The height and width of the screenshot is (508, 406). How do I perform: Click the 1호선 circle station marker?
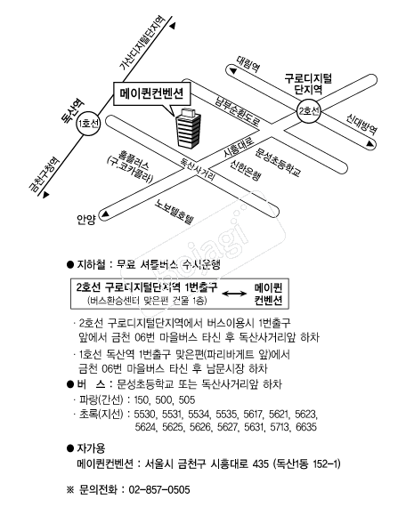click(x=88, y=124)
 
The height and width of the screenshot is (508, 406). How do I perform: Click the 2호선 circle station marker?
click(x=309, y=111)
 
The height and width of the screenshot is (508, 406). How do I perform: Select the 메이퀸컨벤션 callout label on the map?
click(x=151, y=94)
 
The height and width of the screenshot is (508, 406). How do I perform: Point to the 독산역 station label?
click(x=73, y=111)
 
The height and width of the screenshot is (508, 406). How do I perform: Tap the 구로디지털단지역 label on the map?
click(x=308, y=84)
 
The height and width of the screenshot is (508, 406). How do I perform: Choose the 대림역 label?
click(x=248, y=63)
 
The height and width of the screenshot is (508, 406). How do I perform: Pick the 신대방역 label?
click(x=361, y=124)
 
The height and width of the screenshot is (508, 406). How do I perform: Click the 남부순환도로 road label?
click(x=238, y=110)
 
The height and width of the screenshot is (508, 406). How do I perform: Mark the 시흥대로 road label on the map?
click(x=239, y=148)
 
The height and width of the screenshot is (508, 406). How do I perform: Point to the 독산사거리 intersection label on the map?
click(x=198, y=169)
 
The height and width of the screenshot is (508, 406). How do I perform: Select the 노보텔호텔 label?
click(x=174, y=212)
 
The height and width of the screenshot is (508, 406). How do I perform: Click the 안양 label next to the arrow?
click(x=86, y=220)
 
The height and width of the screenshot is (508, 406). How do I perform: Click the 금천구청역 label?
click(x=44, y=174)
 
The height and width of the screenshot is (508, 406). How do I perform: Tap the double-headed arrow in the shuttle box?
click(x=234, y=294)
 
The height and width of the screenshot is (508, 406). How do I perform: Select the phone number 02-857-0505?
click(x=159, y=489)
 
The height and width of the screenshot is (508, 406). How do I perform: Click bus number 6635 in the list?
click(x=306, y=427)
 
